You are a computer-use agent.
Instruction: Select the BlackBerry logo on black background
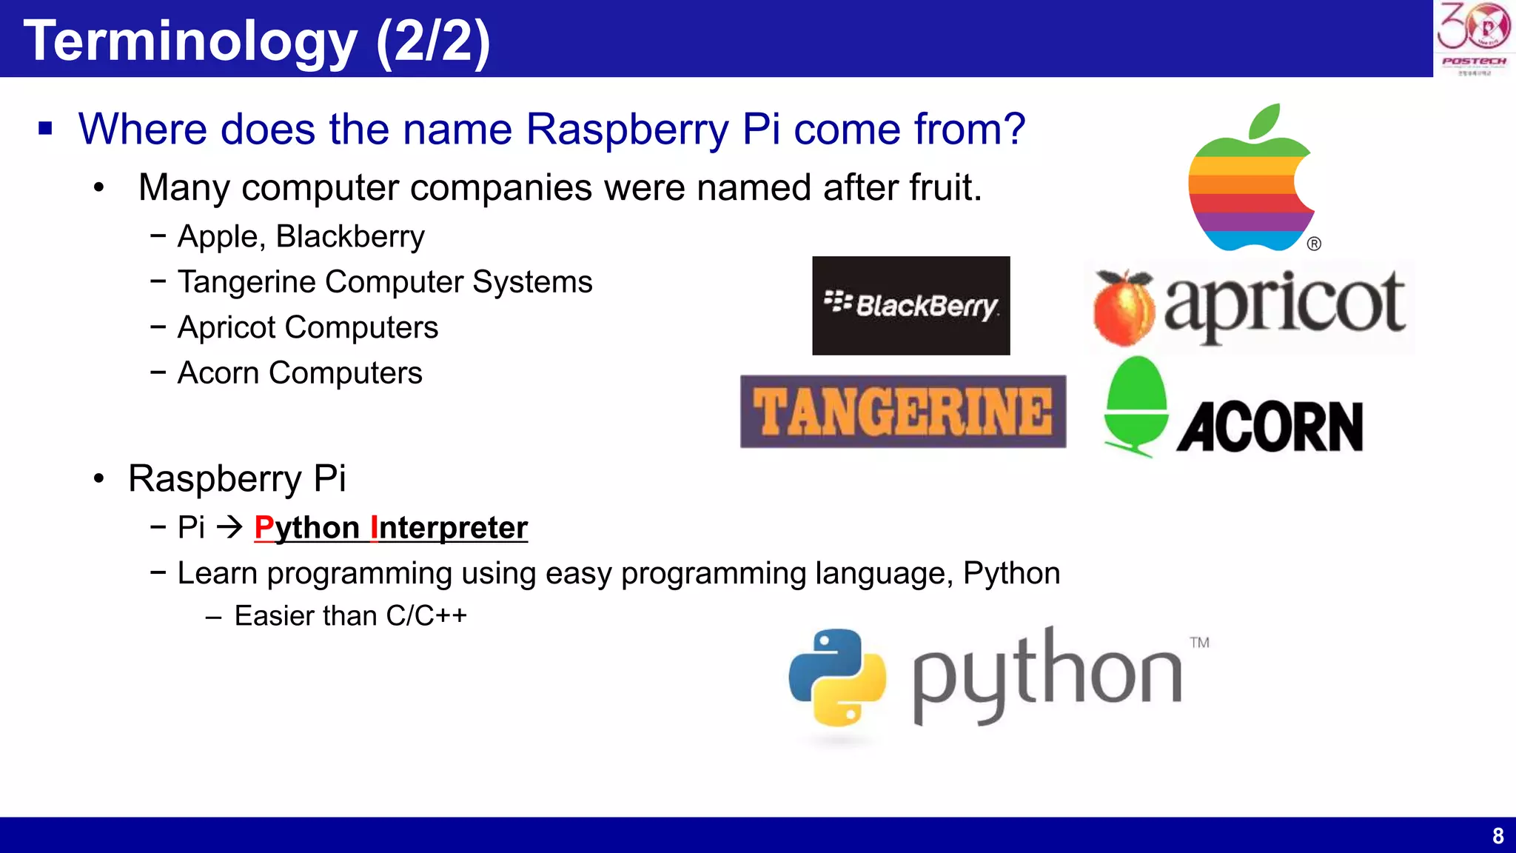pos(910,305)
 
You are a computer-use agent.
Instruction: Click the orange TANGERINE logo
pos(903,412)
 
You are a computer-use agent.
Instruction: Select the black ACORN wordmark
pos(1270,427)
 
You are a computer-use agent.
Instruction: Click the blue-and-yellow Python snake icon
pos(837,677)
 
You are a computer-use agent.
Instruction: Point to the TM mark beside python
pos(1199,643)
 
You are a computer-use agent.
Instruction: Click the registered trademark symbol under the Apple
pos(1314,244)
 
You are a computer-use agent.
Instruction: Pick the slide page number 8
pos(1497,836)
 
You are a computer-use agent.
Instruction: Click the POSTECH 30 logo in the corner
pos(1473,38)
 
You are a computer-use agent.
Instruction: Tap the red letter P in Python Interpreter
pos(264,527)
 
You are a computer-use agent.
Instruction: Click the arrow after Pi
pos(230,527)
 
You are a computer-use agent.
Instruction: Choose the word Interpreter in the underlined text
pos(449,527)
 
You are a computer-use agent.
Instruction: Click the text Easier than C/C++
pos(350,615)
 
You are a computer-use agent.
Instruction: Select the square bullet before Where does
pos(46,129)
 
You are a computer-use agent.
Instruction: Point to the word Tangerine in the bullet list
pos(246,281)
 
